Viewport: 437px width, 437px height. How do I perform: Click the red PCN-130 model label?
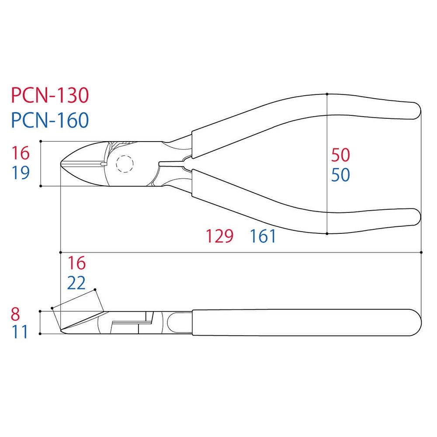pos(50,95)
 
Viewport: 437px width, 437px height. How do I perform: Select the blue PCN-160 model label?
pos(50,120)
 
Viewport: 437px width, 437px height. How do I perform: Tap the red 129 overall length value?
pos(220,236)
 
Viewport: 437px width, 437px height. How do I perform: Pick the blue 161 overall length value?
pos(263,236)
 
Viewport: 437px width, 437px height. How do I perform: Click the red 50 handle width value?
pos(340,155)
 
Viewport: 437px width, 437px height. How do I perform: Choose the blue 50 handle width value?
pos(340,175)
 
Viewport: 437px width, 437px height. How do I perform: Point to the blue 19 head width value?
pos(21,173)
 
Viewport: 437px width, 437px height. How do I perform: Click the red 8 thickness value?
pos(15,314)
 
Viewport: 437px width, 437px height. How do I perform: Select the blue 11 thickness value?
pos(20,332)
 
